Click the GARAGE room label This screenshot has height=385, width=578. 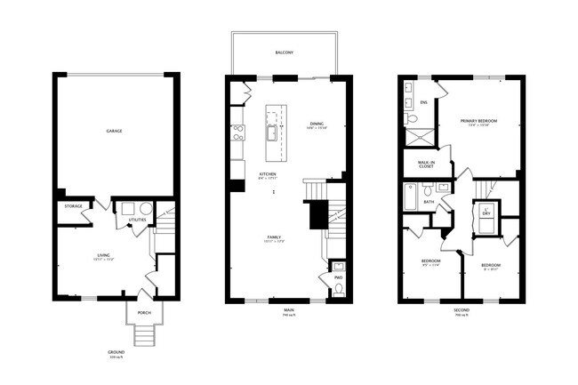(115, 131)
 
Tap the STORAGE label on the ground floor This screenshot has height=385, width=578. (73, 206)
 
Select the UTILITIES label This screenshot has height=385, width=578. (138, 219)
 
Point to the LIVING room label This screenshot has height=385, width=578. (103, 256)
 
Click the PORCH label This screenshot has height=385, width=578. (143, 313)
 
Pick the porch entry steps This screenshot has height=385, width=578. (143, 334)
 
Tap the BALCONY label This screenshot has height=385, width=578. (285, 53)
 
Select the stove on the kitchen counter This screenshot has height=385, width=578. (238, 133)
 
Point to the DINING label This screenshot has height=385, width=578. (317, 124)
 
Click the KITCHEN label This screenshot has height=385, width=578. (267, 173)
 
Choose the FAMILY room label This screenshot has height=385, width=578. (274, 237)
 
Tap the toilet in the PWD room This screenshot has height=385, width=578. (338, 287)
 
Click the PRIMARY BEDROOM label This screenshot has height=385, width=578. (478, 120)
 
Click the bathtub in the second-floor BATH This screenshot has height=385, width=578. (410, 197)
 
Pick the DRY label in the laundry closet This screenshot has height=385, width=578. (486, 214)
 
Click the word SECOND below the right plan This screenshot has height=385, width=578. (461, 309)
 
